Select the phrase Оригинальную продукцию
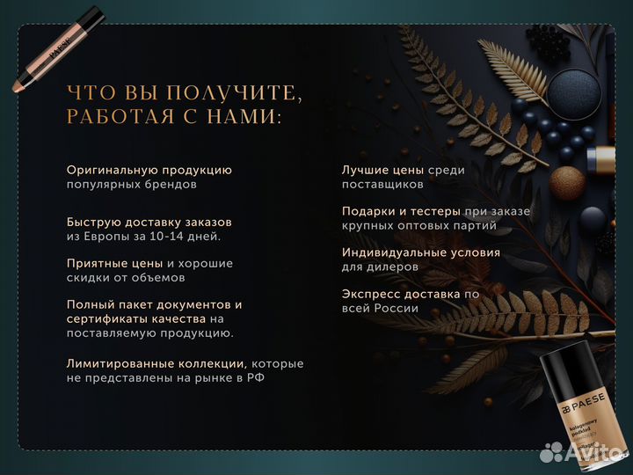click(x=149, y=170)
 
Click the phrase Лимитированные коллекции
click(x=156, y=363)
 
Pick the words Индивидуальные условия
click(x=421, y=252)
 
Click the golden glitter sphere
click(x=566, y=183)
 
